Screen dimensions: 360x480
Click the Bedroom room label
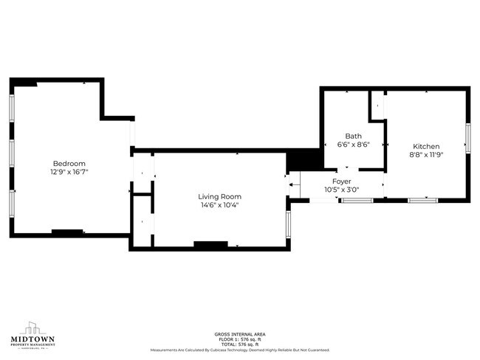[69, 163]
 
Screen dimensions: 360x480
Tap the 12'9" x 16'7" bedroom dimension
[69, 171]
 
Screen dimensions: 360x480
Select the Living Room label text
[219, 196]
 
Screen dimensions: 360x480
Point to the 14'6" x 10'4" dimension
[219, 205]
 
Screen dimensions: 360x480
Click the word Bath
[353, 136]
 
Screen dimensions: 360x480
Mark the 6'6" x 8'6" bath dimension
[353, 145]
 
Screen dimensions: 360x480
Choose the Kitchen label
[426, 146]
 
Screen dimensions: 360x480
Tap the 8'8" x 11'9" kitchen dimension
[426, 155]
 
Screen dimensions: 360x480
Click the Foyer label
[341, 181]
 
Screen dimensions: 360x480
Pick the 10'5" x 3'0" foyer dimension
[341, 190]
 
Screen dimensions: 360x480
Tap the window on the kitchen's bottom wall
[422, 199]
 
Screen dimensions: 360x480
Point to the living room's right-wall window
[288, 224]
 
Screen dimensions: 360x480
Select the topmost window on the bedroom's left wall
[11, 107]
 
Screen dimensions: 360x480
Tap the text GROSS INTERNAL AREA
[239, 334]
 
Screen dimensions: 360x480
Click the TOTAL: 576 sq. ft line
[239, 345]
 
